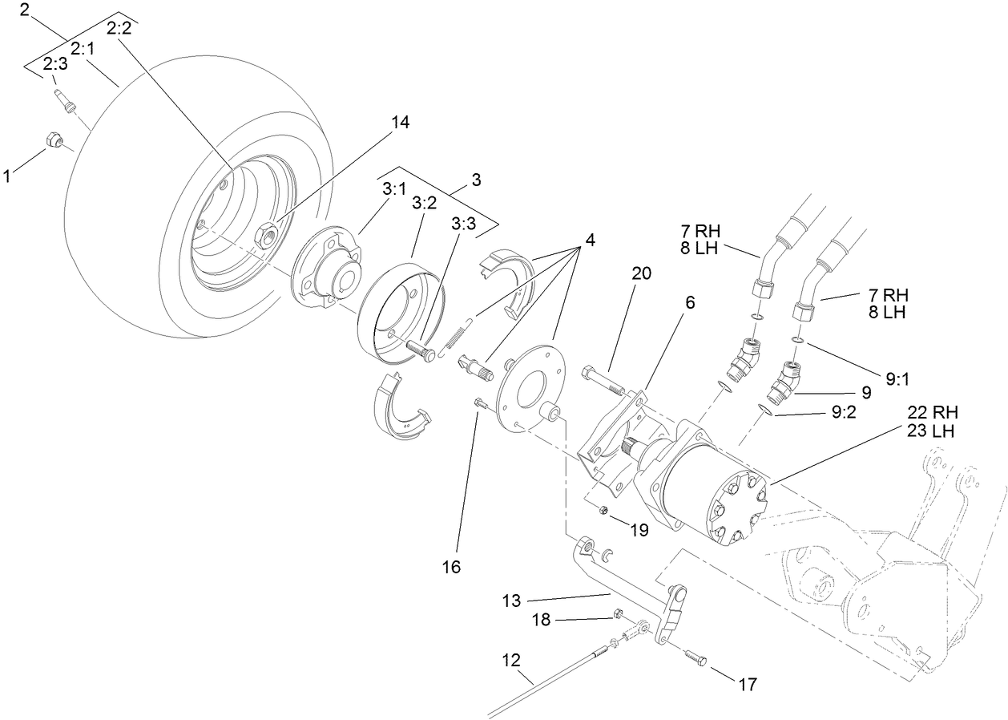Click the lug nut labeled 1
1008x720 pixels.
coord(52,140)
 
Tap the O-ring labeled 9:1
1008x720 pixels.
coord(796,342)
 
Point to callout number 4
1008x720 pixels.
coord(590,239)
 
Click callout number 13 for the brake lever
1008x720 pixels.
coord(511,600)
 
